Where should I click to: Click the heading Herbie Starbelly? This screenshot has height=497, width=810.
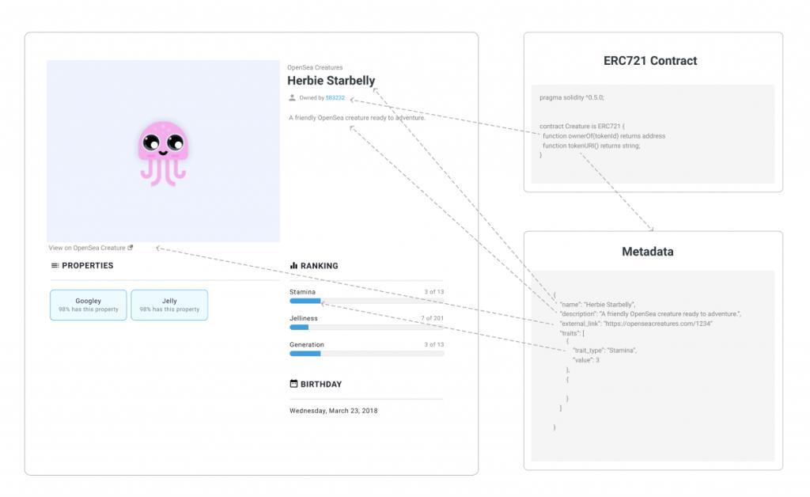coord(331,81)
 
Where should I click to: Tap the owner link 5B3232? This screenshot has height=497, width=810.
coord(335,97)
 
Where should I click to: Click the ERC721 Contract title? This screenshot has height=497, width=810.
coord(650,61)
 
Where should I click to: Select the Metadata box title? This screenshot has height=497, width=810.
coord(647,252)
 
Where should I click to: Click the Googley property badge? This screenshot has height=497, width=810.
coord(89,305)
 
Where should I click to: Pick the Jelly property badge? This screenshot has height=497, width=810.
coord(169,305)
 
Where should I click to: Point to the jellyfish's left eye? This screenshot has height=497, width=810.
coord(151,142)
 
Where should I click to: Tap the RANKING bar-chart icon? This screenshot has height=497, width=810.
coord(294,266)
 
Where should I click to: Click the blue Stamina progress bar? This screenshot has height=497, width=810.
coord(305,301)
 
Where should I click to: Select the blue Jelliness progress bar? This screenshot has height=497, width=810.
coord(299,327)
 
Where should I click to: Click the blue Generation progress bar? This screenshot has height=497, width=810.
coord(305,354)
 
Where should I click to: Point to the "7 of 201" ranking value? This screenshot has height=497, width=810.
coord(432,318)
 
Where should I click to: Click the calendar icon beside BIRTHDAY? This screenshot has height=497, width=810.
coord(293,383)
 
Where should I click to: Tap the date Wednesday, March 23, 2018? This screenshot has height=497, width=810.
coord(333,411)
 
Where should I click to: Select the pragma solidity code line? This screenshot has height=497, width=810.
coord(571,97)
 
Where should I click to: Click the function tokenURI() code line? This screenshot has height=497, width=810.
coord(591,146)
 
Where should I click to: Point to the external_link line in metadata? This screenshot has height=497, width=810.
coord(636,324)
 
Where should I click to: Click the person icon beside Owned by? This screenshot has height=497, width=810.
coord(292,97)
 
